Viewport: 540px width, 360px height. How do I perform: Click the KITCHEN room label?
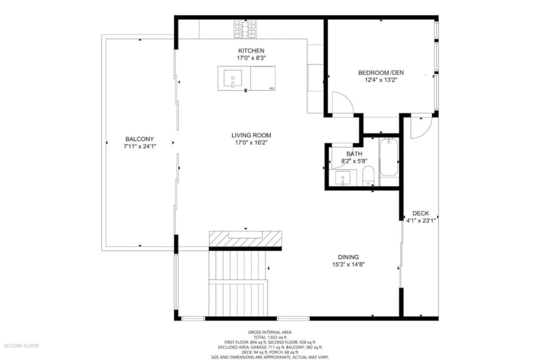click(251, 51)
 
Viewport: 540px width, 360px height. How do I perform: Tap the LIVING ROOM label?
click(251, 135)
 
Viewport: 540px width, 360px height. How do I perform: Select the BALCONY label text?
click(139, 139)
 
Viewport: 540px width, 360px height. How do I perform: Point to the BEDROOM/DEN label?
click(381, 72)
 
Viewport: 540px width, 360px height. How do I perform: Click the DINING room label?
click(348, 257)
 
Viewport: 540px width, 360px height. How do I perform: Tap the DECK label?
click(421, 214)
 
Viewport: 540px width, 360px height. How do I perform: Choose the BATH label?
click(354, 154)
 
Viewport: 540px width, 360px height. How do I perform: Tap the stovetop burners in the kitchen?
click(245, 29)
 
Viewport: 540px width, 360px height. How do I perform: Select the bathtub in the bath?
click(389, 158)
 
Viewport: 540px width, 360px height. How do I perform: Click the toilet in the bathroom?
click(368, 176)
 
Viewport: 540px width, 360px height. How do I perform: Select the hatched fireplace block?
click(245, 239)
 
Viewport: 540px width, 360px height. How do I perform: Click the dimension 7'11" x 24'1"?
click(139, 146)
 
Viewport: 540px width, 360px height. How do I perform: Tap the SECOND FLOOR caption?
click(21, 345)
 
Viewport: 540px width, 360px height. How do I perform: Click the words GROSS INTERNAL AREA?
click(270, 332)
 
